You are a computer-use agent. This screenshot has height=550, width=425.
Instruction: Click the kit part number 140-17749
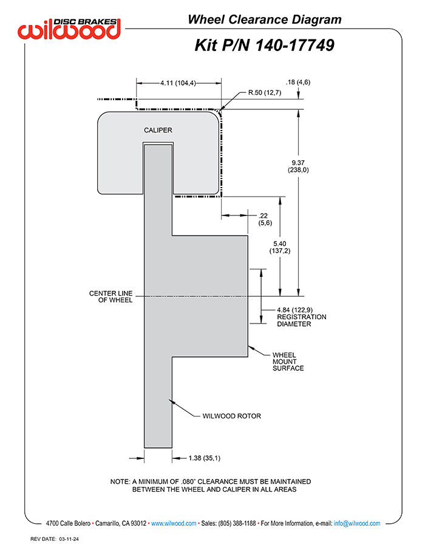pos(264,45)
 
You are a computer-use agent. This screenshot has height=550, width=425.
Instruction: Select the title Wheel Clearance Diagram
pos(264,19)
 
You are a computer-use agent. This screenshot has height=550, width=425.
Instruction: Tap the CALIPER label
pos(158,131)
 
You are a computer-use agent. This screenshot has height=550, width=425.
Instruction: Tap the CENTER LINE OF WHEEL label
pos(110,297)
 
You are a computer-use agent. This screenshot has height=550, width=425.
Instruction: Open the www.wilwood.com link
pos(173,523)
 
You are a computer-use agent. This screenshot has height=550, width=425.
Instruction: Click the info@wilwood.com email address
pos(357,523)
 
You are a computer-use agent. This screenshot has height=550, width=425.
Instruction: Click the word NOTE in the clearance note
pos(120,481)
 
